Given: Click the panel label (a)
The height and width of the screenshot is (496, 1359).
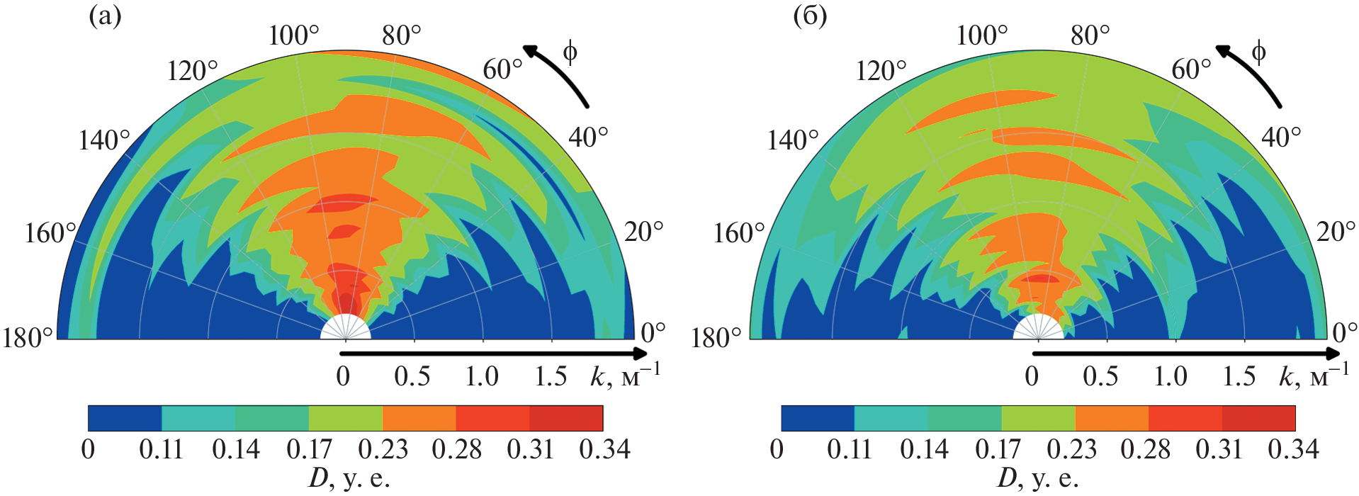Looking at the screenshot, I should [105, 16].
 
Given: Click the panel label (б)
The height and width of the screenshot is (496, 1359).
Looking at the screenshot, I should [810, 16].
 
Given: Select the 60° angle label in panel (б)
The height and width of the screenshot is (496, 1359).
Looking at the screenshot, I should [1191, 69].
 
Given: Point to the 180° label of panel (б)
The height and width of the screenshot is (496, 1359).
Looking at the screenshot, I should [716, 338].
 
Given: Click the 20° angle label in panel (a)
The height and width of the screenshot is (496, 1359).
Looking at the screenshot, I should [643, 232].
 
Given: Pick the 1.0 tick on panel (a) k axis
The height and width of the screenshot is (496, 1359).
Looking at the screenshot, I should [482, 376].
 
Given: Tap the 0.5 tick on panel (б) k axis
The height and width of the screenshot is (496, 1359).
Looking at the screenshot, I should [1100, 376].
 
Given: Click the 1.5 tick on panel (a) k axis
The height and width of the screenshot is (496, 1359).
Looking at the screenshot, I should [551, 376].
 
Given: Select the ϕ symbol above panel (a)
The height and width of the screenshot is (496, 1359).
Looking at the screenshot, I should [570, 52].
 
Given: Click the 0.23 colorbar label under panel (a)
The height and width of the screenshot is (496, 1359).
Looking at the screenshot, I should [383, 449].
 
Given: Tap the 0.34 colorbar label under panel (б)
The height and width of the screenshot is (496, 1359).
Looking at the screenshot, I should [1293, 449].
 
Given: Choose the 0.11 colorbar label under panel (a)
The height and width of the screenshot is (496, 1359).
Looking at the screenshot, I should [162, 449].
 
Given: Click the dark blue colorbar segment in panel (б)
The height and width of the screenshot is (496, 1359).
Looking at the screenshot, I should [818, 418].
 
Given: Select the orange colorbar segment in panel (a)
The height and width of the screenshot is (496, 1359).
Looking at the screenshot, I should [419, 418].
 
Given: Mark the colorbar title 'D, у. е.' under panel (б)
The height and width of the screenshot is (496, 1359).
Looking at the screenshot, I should [1038, 479].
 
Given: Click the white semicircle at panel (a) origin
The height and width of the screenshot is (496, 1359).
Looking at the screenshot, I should [345, 329].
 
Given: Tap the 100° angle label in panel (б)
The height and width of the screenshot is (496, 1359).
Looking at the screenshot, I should [982, 35].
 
